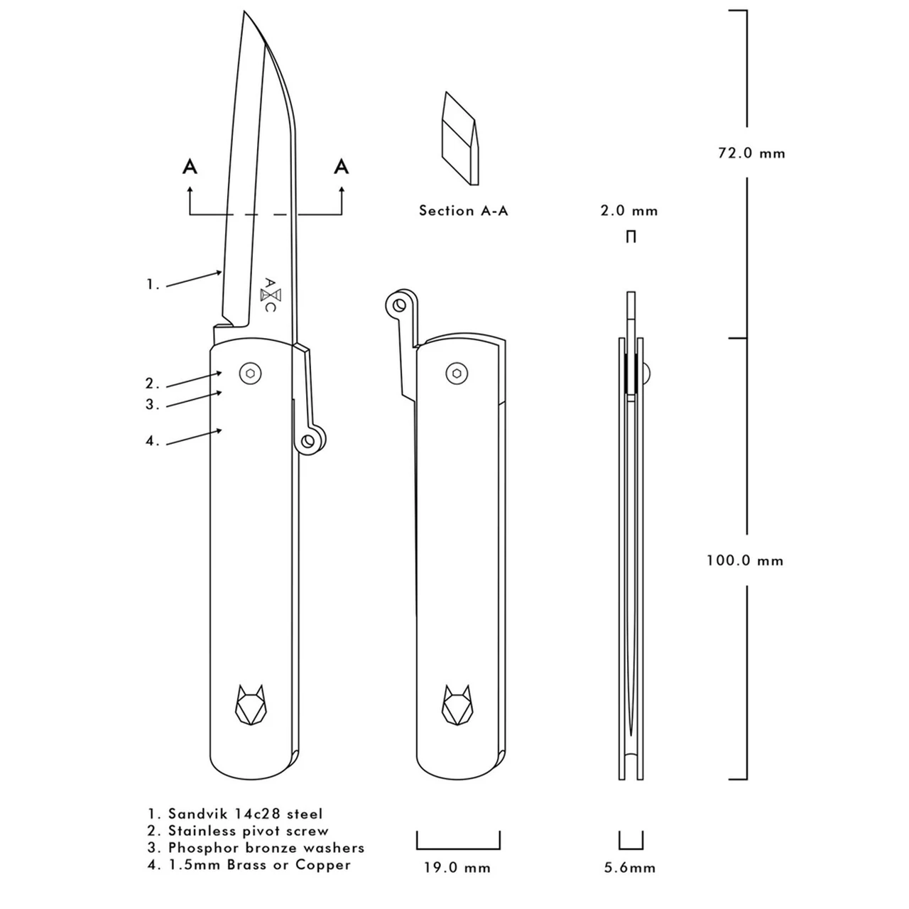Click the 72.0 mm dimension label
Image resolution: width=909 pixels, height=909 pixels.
point(751,153)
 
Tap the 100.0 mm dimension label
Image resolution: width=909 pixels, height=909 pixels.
point(744,560)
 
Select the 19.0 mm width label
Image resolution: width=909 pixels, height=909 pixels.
point(458,867)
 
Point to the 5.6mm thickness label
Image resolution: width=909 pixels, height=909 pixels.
point(630,867)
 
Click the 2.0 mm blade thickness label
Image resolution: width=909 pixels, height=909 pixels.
point(629,211)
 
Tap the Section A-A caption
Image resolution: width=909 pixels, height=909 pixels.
point(463,210)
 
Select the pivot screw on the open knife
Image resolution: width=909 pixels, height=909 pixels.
point(249,374)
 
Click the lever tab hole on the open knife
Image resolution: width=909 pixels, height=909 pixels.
point(309,441)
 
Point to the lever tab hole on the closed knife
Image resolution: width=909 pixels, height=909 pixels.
point(399,305)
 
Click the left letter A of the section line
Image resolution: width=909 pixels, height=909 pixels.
point(190,167)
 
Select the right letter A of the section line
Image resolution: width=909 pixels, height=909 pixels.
point(342,167)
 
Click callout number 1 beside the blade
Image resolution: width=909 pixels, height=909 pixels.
point(153,285)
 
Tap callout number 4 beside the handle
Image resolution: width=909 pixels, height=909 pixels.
point(153,441)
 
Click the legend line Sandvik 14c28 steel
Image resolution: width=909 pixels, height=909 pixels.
point(235,814)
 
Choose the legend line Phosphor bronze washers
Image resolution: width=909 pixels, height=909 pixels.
point(256,848)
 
